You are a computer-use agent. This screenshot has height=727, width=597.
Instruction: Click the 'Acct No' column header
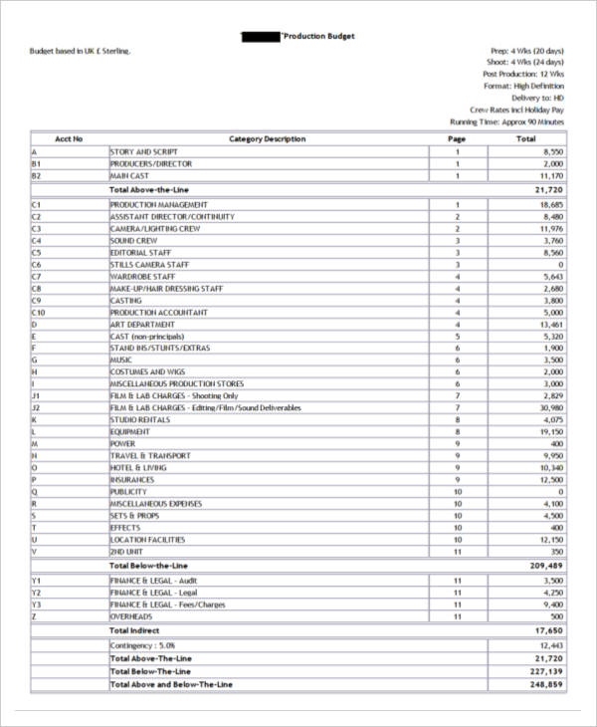click(x=69, y=138)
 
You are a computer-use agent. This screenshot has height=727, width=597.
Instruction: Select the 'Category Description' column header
click(x=267, y=138)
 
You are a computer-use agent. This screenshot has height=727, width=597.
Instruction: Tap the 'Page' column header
click(x=457, y=138)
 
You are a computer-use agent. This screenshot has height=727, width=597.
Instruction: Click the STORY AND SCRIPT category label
click(x=144, y=151)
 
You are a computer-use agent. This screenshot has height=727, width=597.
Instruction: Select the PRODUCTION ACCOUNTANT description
click(x=158, y=312)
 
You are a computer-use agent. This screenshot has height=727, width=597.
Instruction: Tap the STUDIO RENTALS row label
click(x=138, y=419)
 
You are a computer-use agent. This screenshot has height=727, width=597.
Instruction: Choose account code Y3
click(x=37, y=604)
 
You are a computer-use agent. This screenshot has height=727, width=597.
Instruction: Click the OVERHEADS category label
click(x=132, y=615)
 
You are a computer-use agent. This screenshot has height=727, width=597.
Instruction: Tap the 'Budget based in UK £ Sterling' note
click(x=81, y=50)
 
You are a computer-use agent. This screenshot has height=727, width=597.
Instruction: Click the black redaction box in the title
click(x=262, y=36)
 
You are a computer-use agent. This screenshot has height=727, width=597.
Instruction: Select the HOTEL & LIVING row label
click(x=138, y=467)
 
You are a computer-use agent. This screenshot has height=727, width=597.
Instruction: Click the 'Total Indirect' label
click(x=135, y=629)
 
